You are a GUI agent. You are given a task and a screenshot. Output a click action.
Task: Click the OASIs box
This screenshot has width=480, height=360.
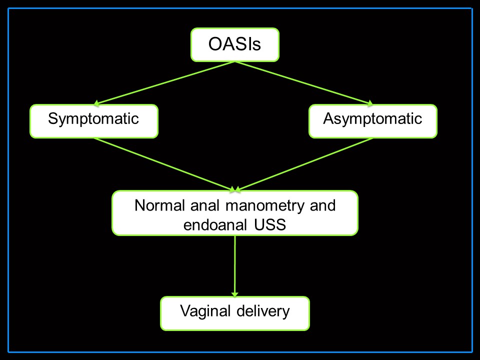coord(235,44)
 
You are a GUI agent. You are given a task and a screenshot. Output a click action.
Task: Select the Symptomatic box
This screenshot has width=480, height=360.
coord(94,121)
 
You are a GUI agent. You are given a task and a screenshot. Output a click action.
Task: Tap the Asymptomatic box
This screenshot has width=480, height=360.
coord(373,121)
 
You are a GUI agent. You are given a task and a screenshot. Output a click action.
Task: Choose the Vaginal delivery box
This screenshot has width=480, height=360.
coord(235,313)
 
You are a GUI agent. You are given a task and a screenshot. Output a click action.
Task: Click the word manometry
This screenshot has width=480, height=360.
coord(265,206)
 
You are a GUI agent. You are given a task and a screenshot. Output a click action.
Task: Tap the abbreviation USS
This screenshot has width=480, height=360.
coord(270,224)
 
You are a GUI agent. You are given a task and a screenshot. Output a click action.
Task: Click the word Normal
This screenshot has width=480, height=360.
coord(159,205)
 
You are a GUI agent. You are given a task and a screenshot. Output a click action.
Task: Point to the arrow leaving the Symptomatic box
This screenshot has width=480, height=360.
coord(164,164)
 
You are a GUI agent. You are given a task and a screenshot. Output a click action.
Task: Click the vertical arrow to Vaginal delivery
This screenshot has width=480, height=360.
coord(235,266)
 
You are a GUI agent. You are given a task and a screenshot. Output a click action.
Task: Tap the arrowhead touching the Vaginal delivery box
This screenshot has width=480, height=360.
coord(235,294)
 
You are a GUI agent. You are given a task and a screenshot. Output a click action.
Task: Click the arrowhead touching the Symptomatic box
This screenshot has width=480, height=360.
coord(96,103)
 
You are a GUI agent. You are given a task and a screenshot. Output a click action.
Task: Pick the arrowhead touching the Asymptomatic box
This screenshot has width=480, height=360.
coord(370,103)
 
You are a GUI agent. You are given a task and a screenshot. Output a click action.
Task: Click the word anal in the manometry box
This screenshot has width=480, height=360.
coord(205,205)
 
